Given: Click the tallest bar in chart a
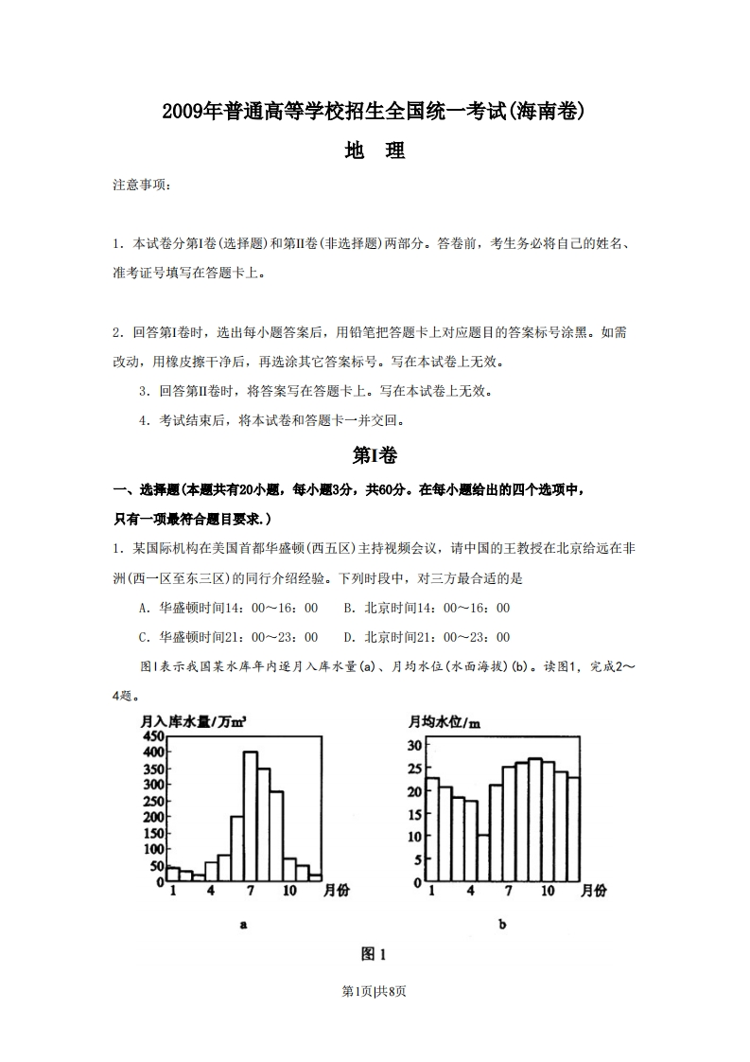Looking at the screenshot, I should pyautogui.click(x=251, y=814).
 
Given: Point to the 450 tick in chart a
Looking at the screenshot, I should pyautogui.click(x=153, y=735).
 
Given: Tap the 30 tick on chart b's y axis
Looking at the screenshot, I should pyautogui.click(x=414, y=745).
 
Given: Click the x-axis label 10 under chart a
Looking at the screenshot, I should pyautogui.click(x=289, y=891).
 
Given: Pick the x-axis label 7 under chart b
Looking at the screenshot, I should pyautogui.click(x=509, y=891).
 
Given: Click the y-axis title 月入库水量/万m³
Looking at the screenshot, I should pyautogui.click(x=193, y=722).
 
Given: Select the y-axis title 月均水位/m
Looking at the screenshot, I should pyautogui.click(x=445, y=722).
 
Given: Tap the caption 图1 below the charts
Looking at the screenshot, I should pyautogui.click(x=375, y=953).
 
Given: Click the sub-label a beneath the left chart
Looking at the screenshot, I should pyautogui.click(x=244, y=925).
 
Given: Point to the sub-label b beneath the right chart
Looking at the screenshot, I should pyautogui.click(x=502, y=925).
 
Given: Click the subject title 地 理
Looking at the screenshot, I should pyautogui.click(x=375, y=150).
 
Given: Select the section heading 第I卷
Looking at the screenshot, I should pyautogui.click(x=375, y=455).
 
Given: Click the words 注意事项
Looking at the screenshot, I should pyautogui.click(x=142, y=186).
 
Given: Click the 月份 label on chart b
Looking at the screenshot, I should pyautogui.click(x=594, y=891).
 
